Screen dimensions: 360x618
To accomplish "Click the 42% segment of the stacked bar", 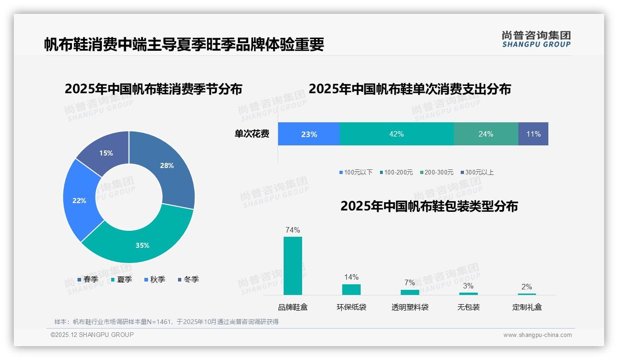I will (x=397, y=134).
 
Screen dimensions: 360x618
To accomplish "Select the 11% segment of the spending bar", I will (x=533, y=134).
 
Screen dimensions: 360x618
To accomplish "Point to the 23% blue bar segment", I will (x=309, y=134).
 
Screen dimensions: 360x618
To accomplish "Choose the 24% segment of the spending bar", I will (x=486, y=134).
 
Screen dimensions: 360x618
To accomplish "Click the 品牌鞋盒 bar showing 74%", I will (x=293, y=266).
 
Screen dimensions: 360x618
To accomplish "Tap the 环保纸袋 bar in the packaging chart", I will (x=351, y=289).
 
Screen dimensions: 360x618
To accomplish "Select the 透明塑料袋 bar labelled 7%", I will (x=410, y=292).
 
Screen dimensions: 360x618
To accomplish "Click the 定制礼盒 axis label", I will (x=527, y=307).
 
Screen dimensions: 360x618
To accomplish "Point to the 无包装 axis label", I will (x=469, y=307).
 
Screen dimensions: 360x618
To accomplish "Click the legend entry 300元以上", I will (x=477, y=173).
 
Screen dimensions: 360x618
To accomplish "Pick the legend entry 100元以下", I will (x=356, y=173).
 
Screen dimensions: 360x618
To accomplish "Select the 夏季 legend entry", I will (x=122, y=279).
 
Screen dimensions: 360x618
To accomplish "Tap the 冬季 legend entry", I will (x=188, y=279).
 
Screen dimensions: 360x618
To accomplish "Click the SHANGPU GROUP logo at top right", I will (x=536, y=39).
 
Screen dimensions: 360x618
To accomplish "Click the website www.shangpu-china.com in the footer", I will (x=537, y=335).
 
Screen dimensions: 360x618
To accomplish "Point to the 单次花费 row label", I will (x=252, y=134).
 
